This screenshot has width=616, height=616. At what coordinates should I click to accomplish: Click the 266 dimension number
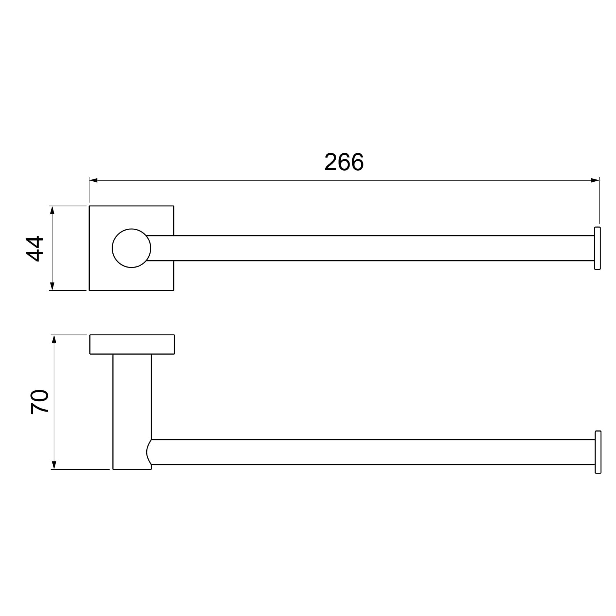(x=344, y=162)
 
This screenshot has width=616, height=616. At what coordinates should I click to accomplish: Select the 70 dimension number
(x=40, y=402)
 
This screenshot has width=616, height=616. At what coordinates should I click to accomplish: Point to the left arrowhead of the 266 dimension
(x=94, y=180)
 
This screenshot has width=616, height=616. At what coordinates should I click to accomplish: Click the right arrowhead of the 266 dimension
(x=595, y=180)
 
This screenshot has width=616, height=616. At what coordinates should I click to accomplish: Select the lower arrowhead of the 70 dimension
(x=54, y=465)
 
